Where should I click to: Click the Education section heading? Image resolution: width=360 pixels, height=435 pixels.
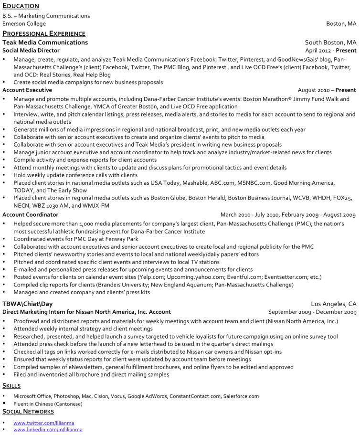tap(21, 6)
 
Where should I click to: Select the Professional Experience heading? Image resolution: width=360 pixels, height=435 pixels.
tap(44, 33)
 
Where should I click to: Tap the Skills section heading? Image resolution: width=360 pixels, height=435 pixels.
tap(11, 385)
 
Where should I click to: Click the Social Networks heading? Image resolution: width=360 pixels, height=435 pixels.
tap(28, 411)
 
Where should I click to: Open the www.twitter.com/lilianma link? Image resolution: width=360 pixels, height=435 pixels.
tap(44, 423)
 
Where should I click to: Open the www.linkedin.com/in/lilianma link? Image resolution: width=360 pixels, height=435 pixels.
tap(48, 429)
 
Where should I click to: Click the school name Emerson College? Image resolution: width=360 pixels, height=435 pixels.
tap(24, 23)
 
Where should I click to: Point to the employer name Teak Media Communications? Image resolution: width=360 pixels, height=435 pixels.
tap(45, 42)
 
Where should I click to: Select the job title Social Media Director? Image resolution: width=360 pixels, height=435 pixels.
tap(31, 50)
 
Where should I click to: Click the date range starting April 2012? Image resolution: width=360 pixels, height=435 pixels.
tap(330, 50)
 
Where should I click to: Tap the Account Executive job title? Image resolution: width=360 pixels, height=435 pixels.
tap(27, 90)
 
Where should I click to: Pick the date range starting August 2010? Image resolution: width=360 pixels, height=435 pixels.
tap(327, 90)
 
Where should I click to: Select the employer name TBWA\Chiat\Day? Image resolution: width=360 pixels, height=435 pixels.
tap(27, 304)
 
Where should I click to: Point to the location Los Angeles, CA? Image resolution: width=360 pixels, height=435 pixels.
tap(333, 304)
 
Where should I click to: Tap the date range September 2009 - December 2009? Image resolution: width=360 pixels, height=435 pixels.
tap(312, 312)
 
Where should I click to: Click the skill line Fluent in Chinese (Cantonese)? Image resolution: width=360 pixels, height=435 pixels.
tap(48, 403)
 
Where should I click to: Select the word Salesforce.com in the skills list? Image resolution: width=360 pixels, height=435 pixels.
tap(241, 396)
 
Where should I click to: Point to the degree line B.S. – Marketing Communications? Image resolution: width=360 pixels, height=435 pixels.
tap(46, 16)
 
